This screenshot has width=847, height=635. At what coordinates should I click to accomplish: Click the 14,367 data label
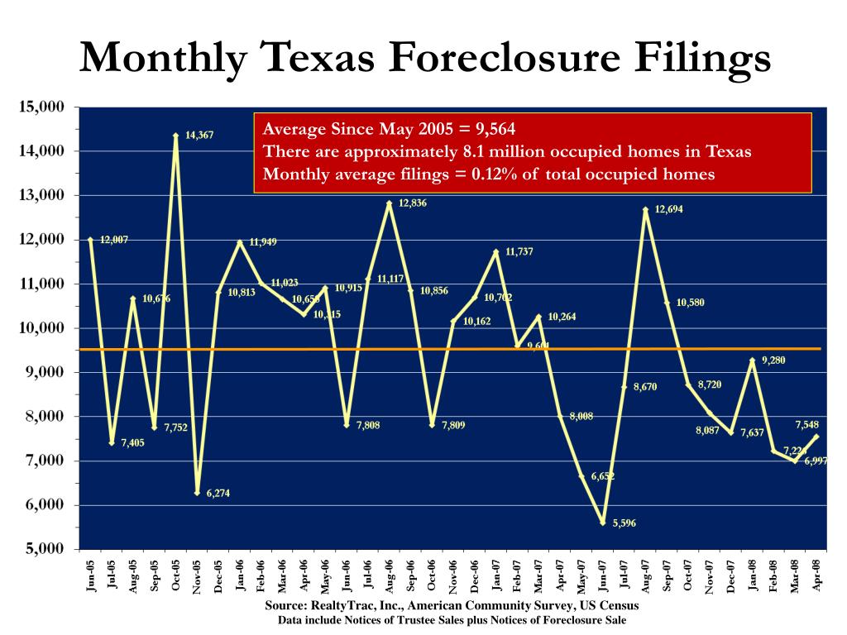click(x=199, y=135)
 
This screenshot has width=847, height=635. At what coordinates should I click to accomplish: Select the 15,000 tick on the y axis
click(x=41, y=107)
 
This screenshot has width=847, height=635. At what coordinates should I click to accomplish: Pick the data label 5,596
click(x=624, y=523)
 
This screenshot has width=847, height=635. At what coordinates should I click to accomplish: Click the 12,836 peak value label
click(x=413, y=203)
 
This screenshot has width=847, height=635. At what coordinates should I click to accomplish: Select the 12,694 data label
click(x=668, y=210)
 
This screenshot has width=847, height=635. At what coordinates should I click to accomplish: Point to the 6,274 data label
click(x=218, y=494)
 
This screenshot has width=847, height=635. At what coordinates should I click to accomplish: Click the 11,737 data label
click(x=519, y=251)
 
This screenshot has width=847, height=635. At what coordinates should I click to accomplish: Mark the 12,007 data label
click(x=114, y=240)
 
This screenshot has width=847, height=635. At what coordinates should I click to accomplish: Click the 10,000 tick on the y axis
click(x=41, y=328)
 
